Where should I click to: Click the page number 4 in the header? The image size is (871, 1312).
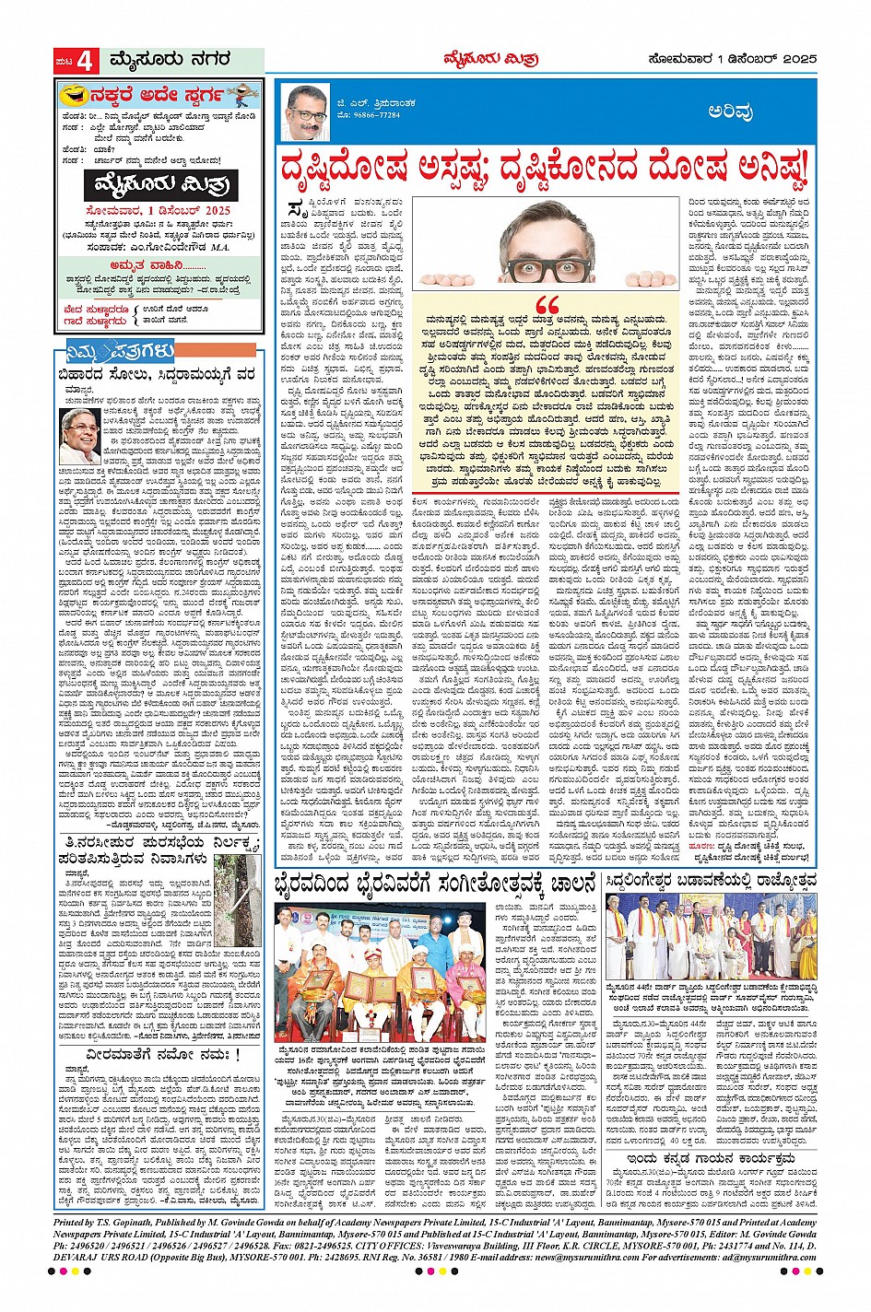(x=86, y=62)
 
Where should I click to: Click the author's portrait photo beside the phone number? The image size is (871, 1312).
(x=308, y=112)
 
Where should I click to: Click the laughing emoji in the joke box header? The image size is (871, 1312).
(x=67, y=95)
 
